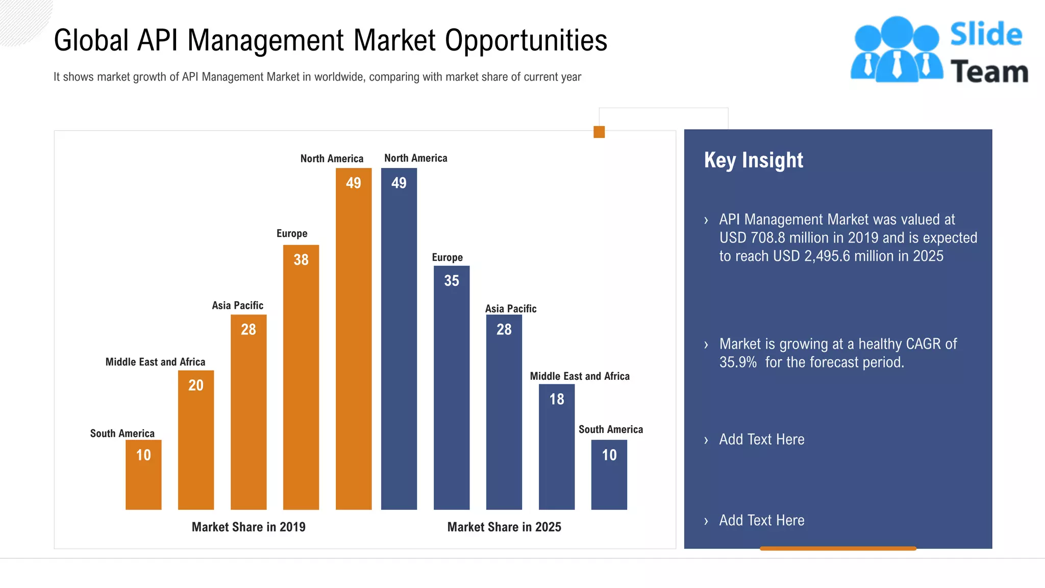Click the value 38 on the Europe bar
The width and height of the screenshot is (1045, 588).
[x=301, y=260]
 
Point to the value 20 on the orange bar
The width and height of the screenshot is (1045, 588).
[x=196, y=385]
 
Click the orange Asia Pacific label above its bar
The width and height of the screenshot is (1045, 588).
[x=237, y=306]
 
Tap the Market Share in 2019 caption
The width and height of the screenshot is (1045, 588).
[x=248, y=527]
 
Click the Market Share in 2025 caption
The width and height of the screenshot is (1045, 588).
[x=504, y=527]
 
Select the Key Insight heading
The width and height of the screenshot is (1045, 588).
[x=753, y=160]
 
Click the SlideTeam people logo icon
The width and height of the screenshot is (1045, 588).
[x=897, y=50]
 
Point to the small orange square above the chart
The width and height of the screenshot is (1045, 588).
[x=599, y=132]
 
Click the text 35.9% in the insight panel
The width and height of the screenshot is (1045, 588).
[x=738, y=362]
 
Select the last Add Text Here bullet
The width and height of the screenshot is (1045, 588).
[x=761, y=521]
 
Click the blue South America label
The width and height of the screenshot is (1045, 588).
[x=610, y=430]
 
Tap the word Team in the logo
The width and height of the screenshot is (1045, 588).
[x=989, y=72]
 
